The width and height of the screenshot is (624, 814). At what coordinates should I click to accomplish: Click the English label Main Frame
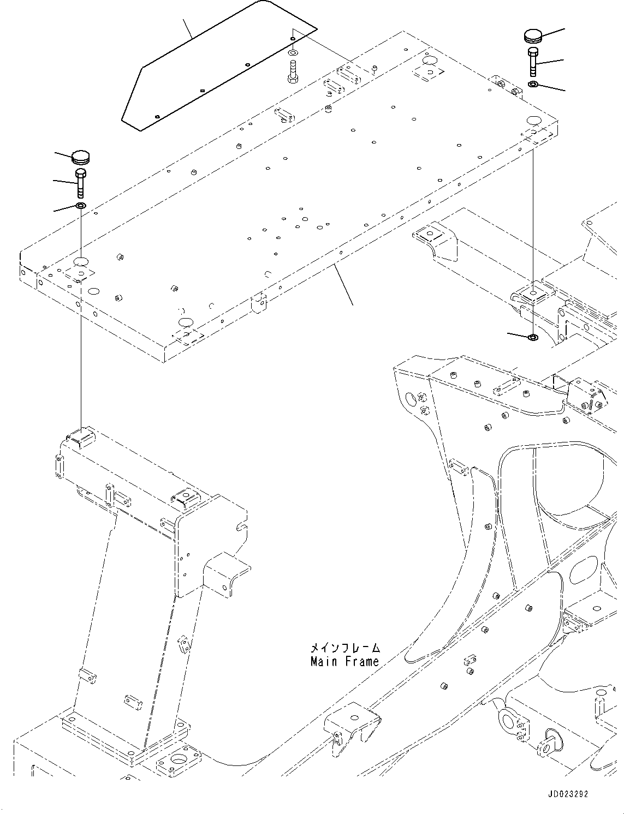344,662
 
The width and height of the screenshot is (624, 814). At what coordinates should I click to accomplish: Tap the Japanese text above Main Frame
344,648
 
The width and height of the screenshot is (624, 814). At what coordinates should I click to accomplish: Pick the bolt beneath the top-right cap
533,62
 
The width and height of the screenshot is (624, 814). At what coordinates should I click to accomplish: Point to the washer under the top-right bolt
533,84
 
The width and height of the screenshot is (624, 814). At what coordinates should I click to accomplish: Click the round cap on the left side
81,157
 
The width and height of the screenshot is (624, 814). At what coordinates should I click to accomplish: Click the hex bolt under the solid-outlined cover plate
293,72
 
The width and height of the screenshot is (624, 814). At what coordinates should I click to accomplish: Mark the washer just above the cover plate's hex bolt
293,53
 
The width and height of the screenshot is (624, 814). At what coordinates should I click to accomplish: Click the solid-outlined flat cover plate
218,65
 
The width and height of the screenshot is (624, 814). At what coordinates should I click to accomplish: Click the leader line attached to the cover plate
188,28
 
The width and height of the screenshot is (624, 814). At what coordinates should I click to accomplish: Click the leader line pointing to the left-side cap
62,155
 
